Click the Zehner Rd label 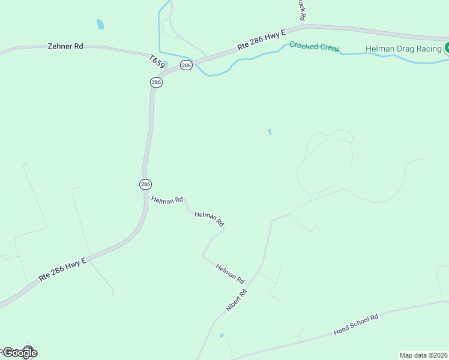coord(65,46)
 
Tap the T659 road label coord(157,60)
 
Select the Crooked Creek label coord(313,46)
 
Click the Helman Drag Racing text coord(404,49)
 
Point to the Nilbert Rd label coord(236,301)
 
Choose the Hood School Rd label coord(357,325)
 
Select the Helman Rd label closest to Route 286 coord(167,200)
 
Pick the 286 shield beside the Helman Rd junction coord(145,184)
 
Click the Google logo coord(19,352)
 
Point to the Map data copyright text coord(424,355)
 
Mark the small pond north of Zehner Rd coord(100,25)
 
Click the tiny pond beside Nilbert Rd coord(221,335)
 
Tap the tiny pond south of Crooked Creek coord(270,131)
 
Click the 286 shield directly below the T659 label coord(156,82)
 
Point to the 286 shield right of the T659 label coord(186,65)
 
